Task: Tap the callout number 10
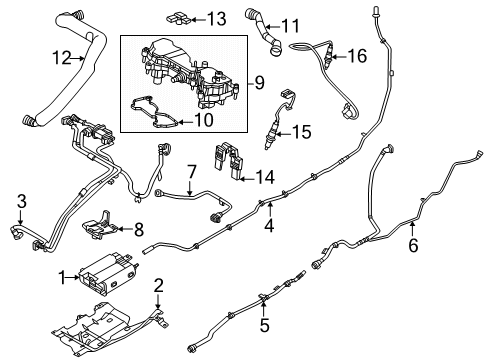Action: (x=205, y=119)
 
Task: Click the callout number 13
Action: (x=216, y=18)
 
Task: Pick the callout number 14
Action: (x=265, y=176)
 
